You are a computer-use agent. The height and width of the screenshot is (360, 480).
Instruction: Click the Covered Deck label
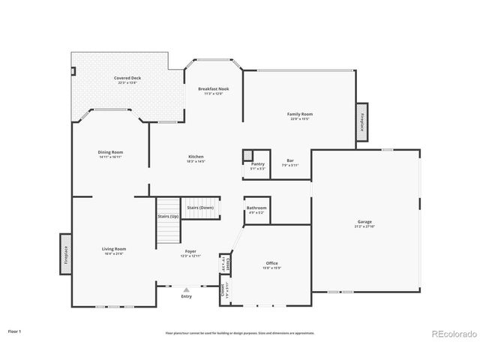(x=127, y=79)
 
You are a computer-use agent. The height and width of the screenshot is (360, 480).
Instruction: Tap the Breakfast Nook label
(x=214, y=89)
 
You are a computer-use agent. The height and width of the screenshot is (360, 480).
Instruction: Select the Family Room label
(x=299, y=115)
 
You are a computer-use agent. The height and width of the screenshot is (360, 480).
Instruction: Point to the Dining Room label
(x=110, y=152)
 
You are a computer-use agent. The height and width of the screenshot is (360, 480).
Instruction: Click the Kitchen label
(x=196, y=157)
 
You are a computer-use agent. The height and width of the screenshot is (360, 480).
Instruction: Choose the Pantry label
(x=258, y=163)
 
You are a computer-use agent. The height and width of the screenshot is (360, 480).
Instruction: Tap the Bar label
(x=289, y=160)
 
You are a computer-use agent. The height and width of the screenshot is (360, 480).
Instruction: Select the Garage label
(x=365, y=223)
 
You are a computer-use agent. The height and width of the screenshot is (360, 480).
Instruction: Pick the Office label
(x=271, y=263)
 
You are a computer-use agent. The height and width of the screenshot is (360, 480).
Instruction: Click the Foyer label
(x=190, y=253)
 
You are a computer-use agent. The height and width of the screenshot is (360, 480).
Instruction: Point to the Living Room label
(x=114, y=249)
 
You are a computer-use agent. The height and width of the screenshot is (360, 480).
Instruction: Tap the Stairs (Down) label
(x=200, y=206)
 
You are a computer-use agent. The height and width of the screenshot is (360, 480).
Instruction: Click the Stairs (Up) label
(x=168, y=216)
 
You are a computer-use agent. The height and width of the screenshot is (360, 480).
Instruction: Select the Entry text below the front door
(x=187, y=296)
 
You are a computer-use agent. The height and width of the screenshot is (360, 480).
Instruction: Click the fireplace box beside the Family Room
(x=362, y=121)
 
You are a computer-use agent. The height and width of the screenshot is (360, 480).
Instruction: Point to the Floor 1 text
(x=15, y=331)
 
